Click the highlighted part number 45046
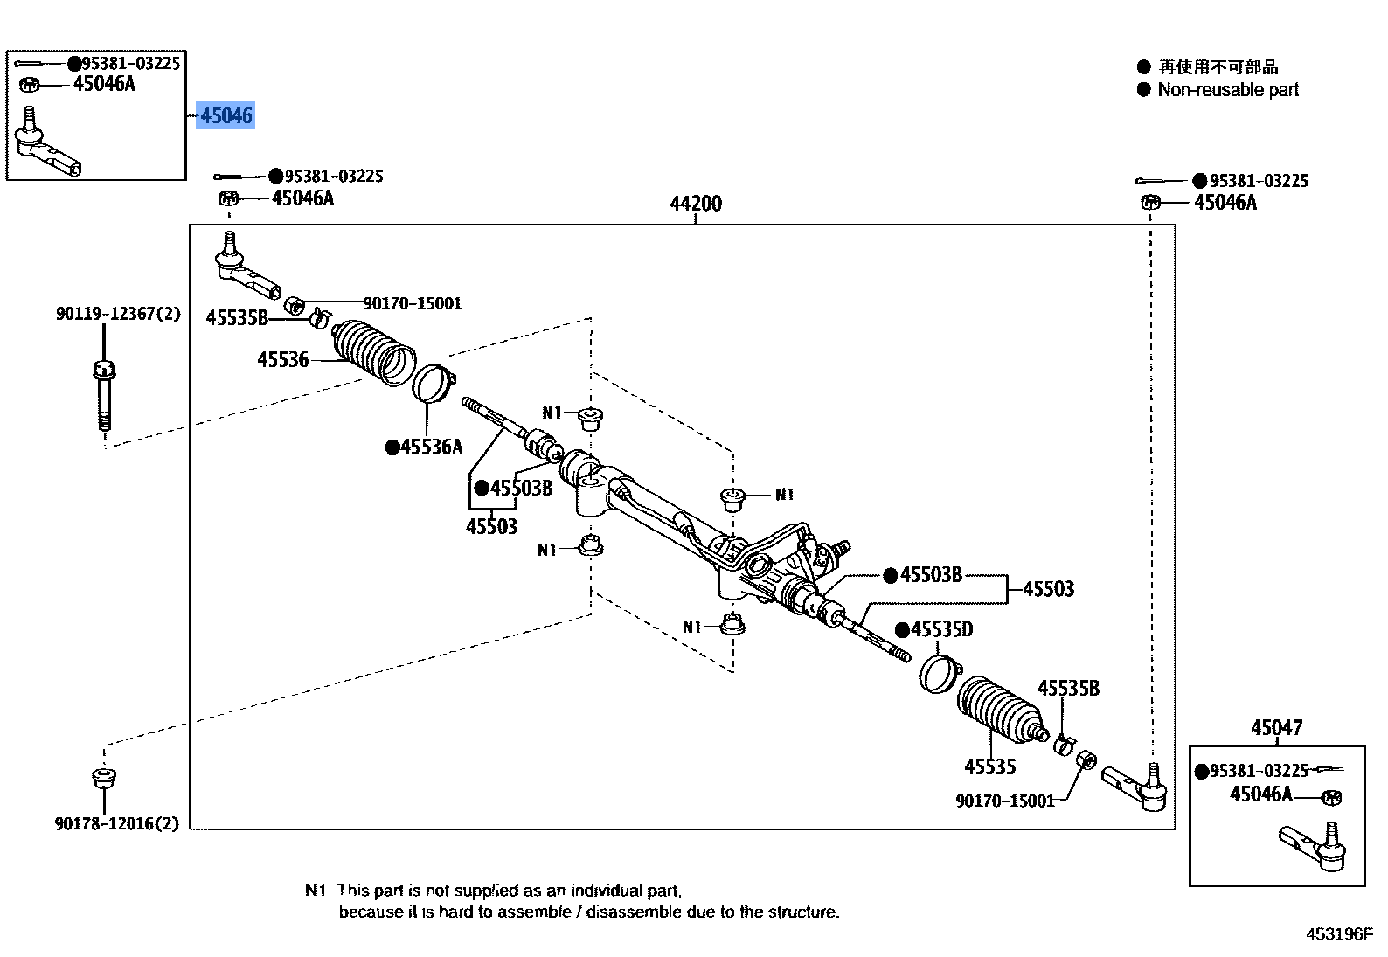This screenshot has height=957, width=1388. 226,115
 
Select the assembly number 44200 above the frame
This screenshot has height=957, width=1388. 696,204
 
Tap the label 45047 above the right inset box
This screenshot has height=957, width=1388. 1276,727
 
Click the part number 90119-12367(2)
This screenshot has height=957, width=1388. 118,313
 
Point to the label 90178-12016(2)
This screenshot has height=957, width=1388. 116,823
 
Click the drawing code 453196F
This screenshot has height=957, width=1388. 1339,933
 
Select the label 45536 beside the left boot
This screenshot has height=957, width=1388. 282,359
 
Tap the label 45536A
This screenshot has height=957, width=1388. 431,447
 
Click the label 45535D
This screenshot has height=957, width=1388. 940,629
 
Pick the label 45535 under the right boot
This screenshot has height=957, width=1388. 989,766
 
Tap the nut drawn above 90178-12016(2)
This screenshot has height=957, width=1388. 104,776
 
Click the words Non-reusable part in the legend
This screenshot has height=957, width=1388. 1227,89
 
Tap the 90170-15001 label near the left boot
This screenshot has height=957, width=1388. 412,303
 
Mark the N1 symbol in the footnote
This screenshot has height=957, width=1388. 315,890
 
